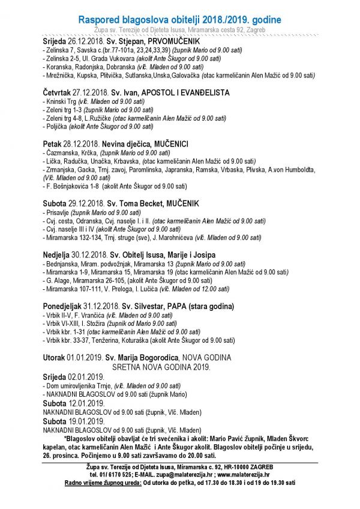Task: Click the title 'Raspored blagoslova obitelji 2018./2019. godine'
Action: coord(179,20)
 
